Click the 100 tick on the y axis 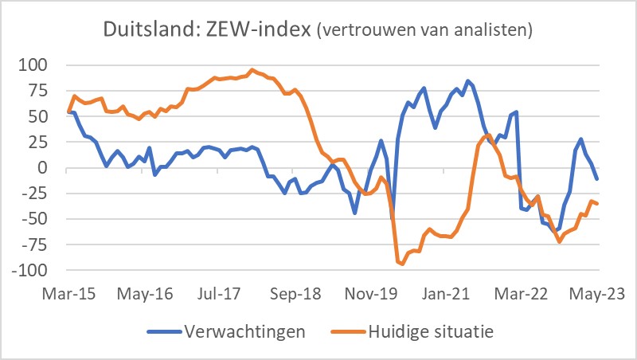point(36,65)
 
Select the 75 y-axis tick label point(40,90)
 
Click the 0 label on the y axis point(45,168)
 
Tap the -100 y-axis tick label point(32,271)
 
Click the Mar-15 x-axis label point(71,292)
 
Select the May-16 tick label point(147,292)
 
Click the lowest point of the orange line point(402,264)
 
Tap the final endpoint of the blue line point(597,179)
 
